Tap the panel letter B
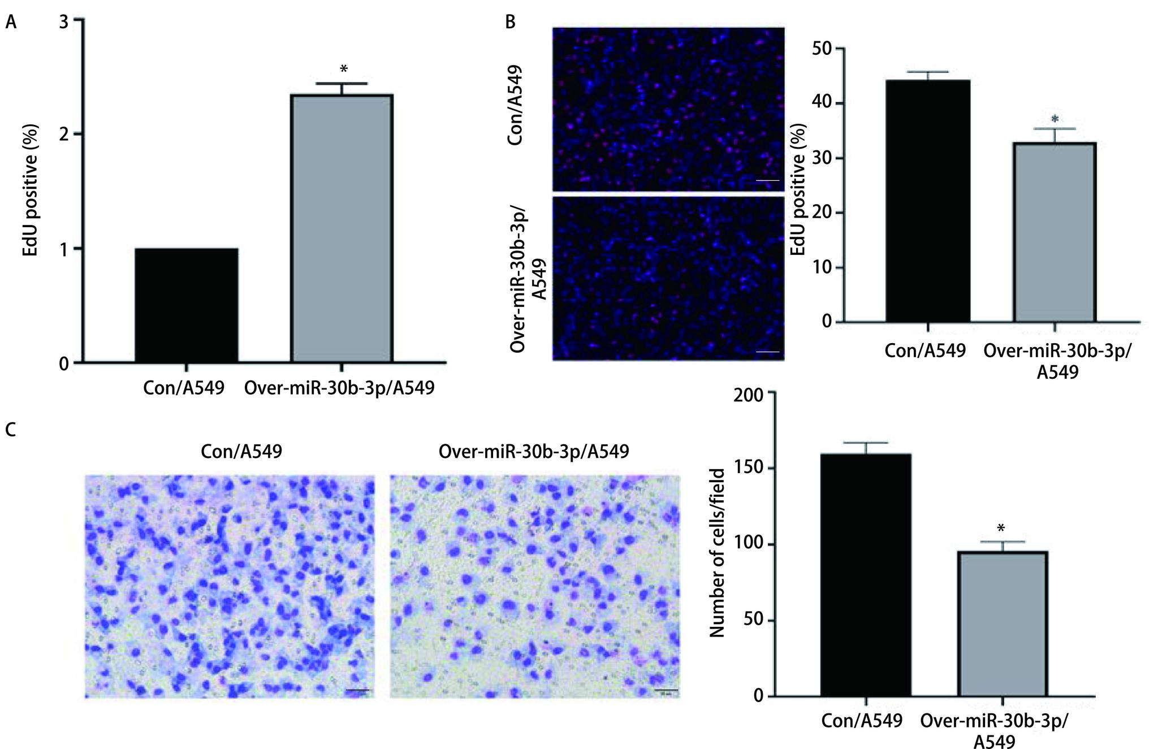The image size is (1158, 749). click(x=510, y=23)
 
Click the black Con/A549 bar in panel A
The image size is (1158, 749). click(x=186, y=305)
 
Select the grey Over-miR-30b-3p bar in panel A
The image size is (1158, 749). click(x=342, y=228)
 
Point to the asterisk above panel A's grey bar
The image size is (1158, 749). click(x=343, y=70)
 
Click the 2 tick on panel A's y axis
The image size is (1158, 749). click(x=63, y=135)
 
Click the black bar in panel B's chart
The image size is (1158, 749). click(x=928, y=201)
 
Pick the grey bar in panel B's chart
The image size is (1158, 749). click(x=1055, y=232)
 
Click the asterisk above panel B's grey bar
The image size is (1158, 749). click(x=1055, y=120)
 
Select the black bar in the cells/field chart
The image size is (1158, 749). click(x=866, y=574)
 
